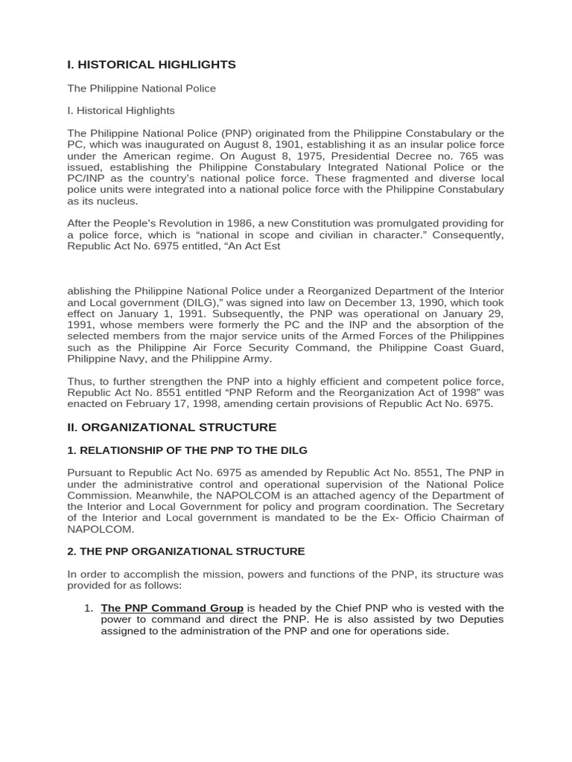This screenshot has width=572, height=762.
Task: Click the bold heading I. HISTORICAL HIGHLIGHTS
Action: [151, 65]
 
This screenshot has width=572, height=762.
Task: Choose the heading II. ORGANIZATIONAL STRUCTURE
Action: [171, 427]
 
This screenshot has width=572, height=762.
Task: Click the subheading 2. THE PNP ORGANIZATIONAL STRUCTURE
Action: [185, 551]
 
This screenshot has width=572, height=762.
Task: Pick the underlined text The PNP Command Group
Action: [172, 608]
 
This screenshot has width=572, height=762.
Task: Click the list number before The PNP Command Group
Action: [88, 608]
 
